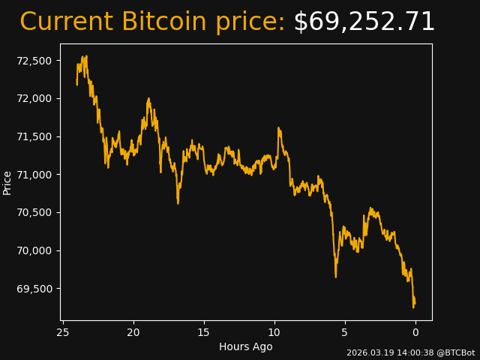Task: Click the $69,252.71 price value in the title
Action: click(x=364, y=22)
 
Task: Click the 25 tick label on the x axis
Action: click(x=63, y=332)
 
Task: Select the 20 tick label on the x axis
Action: click(x=133, y=332)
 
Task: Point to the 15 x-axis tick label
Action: click(x=204, y=332)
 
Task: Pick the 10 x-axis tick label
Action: click(x=274, y=332)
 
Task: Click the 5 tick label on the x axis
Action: click(x=345, y=332)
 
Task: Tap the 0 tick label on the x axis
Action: click(x=415, y=332)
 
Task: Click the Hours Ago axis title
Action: click(x=246, y=346)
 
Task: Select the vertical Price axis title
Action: click(x=7, y=182)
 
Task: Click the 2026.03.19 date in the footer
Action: click(x=369, y=352)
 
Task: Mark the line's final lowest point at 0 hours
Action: click(x=413, y=307)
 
